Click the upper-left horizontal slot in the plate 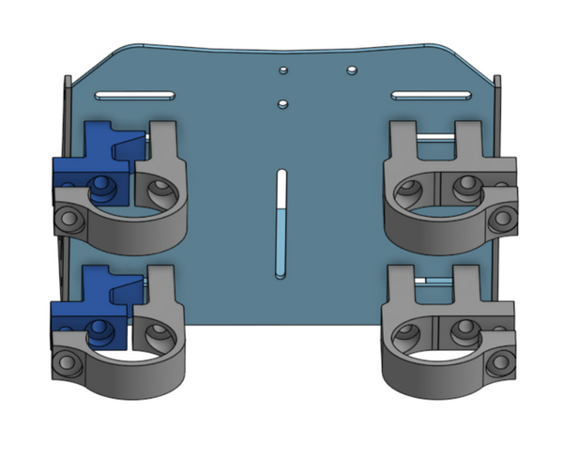[x=133, y=95]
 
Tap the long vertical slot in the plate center [x=281, y=223]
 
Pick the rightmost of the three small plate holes [x=350, y=70]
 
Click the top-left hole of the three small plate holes [x=282, y=70]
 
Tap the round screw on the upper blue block [x=99, y=187]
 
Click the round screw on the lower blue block [x=97, y=329]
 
